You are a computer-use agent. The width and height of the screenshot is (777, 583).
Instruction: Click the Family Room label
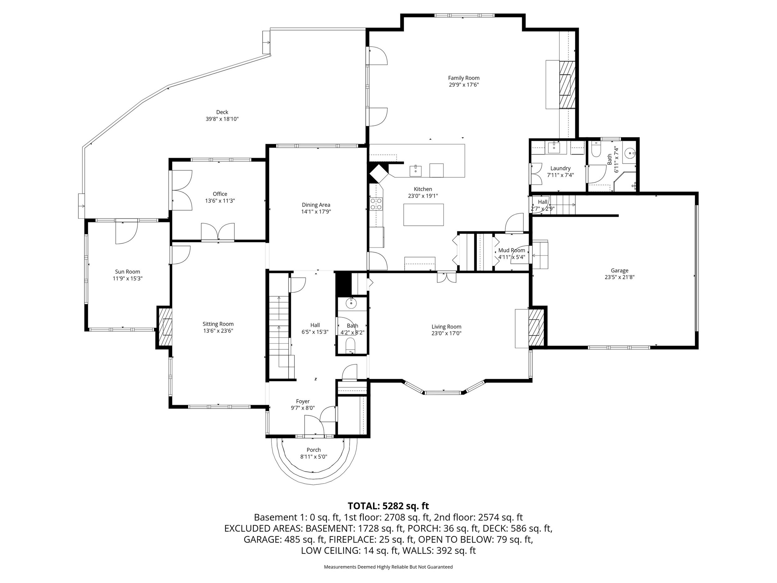point(463,78)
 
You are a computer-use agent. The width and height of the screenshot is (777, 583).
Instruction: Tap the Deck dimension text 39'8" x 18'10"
point(222,119)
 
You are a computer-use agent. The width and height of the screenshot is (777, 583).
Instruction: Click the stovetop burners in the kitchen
point(376,204)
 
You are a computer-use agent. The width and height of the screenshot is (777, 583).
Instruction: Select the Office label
point(220,194)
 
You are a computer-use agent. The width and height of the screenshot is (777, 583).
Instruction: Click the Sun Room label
point(127,272)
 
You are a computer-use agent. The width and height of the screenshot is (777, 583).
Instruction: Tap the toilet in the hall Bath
point(351,345)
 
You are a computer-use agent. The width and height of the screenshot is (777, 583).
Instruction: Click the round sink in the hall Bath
point(351,303)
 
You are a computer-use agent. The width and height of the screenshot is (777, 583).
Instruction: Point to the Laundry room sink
point(554,148)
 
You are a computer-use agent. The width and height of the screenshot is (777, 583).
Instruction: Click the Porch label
point(314,450)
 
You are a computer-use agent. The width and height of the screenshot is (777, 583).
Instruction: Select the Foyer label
point(303,401)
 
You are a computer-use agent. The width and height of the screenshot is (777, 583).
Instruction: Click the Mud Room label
point(512,250)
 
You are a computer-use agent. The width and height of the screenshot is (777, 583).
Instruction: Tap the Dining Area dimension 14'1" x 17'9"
point(316,211)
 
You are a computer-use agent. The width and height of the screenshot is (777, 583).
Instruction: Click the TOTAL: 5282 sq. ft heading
point(388,506)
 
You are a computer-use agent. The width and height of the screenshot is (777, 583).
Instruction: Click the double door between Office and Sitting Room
point(218,232)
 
